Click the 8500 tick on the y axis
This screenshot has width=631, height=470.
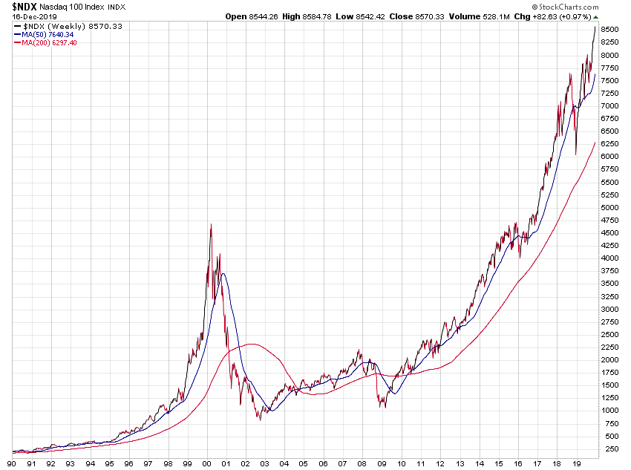coord(610,30)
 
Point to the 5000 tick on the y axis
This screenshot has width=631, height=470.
coord(610,208)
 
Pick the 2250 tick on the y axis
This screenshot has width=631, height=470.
coord(610,347)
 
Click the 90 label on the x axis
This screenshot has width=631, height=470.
coord(13,463)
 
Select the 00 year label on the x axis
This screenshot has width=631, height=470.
coord(206,463)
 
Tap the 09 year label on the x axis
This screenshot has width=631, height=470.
coord(381,463)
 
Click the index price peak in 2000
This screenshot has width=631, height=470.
coord(211,225)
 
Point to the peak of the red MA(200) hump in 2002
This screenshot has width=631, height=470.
coord(252,344)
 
